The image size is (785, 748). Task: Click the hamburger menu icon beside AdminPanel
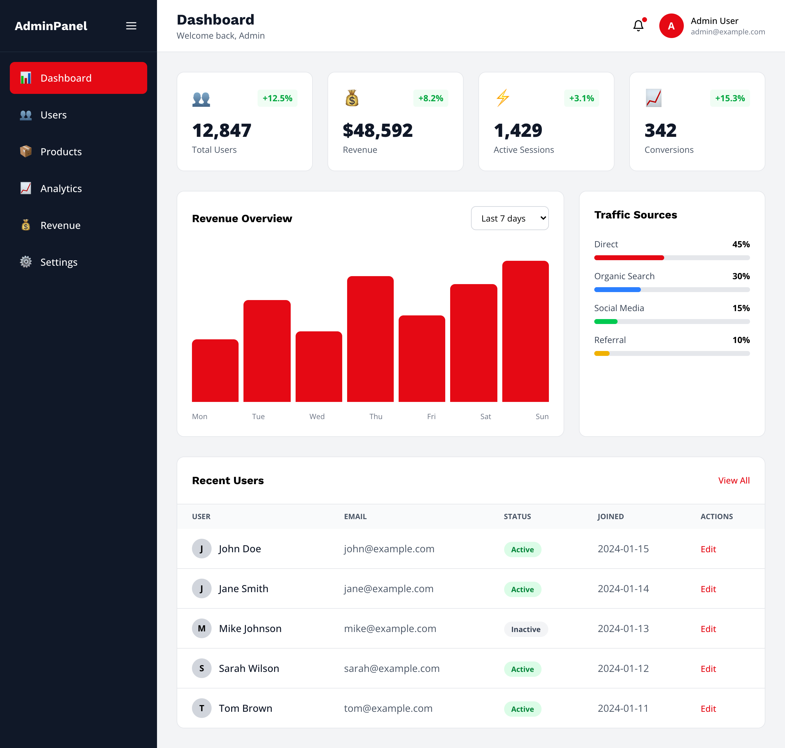click(x=131, y=26)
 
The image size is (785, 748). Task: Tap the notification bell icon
click(x=638, y=26)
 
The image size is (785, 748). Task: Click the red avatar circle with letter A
click(x=671, y=26)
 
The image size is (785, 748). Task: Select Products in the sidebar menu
click(x=61, y=152)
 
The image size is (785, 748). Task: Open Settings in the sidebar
click(x=59, y=262)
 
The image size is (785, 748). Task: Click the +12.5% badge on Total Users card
click(x=277, y=98)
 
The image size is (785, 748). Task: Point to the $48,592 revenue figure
click(x=377, y=131)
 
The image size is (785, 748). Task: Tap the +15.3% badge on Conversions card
click(x=729, y=98)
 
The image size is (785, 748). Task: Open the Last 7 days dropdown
click(x=510, y=218)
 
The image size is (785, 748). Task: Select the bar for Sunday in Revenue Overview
click(x=525, y=331)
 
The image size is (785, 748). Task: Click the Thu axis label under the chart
click(x=376, y=416)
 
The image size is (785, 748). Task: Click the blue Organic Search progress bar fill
click(x=617, y=289)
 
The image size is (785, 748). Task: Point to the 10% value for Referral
click(x=741, y=340)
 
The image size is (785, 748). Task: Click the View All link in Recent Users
click(x=733, y=480)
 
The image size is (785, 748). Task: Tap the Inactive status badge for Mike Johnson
click(x=526, y=629)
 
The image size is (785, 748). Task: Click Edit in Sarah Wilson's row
click(x=708, y=669)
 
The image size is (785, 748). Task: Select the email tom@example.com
click(x=388, y=708)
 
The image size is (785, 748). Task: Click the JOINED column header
click(x=611, y=516)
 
